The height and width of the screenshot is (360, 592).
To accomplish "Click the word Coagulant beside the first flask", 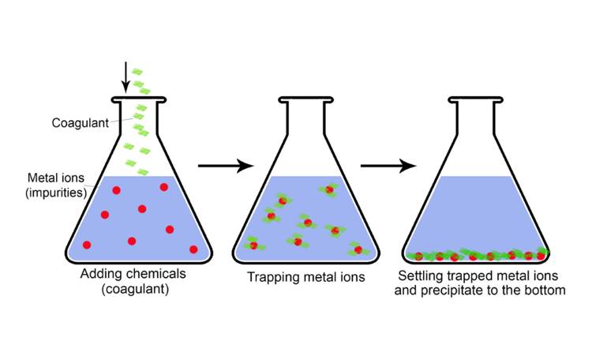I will click(79, 123).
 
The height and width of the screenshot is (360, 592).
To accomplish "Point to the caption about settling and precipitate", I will click(481, 283).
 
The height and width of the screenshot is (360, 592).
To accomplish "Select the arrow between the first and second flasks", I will click(225, 166).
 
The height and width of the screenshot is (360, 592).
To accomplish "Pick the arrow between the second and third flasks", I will click(388, 166).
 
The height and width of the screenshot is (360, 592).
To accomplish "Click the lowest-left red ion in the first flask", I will click(87, 245).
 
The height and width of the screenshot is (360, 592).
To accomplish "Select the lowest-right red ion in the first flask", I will click(193, 249).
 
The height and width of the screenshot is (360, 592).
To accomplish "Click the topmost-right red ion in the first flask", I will click(164, 187).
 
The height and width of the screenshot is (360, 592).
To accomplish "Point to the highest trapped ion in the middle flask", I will click(328, 189).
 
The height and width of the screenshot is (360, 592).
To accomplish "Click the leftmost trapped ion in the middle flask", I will click(253, 245).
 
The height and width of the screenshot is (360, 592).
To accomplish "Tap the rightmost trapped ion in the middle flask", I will click(358, 250).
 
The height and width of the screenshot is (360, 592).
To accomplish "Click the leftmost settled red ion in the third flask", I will click(419, 257).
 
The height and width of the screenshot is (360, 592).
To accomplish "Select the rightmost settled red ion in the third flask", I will click(541, 255).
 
